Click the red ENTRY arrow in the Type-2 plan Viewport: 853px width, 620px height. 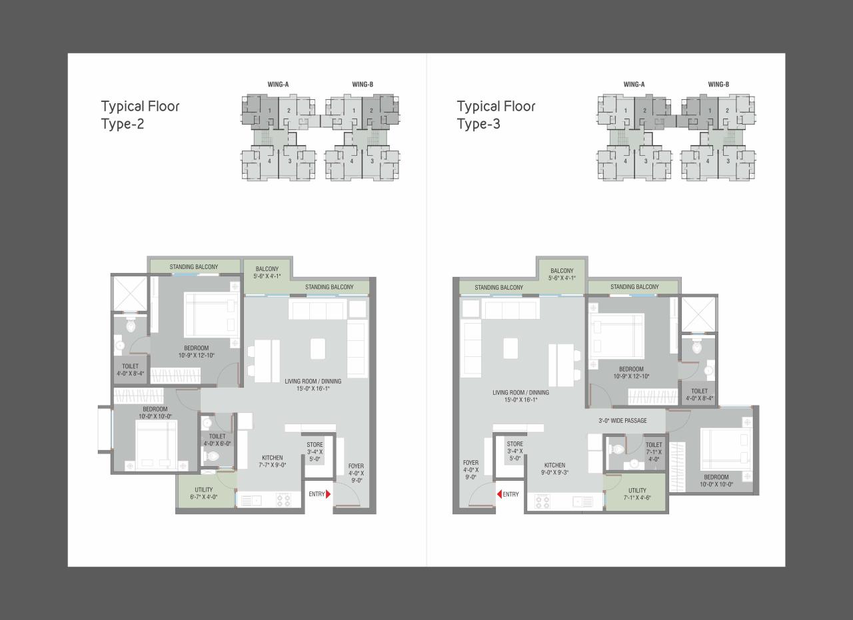(x=328, y=494)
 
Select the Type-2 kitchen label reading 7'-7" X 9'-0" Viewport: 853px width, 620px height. (x=272, y=462)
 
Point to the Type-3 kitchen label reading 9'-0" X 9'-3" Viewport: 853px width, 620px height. (x=554, y=469)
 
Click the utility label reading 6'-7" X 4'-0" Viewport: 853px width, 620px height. (x=204, y=493)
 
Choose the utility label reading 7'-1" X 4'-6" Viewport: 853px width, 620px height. (x=637, y=494)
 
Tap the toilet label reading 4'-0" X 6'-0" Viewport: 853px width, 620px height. (x=217, y=440)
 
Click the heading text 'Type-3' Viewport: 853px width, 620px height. (x=478, y=124)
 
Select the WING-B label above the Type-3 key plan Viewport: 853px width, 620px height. (x=718, y=85)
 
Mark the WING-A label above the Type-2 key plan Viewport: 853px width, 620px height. (x=278, y=85)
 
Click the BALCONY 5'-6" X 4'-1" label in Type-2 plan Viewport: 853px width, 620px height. (x=267, y=273)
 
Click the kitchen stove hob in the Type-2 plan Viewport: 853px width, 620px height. (x=283, y=499)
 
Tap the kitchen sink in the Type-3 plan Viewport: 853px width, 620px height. (x=582, y=501)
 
